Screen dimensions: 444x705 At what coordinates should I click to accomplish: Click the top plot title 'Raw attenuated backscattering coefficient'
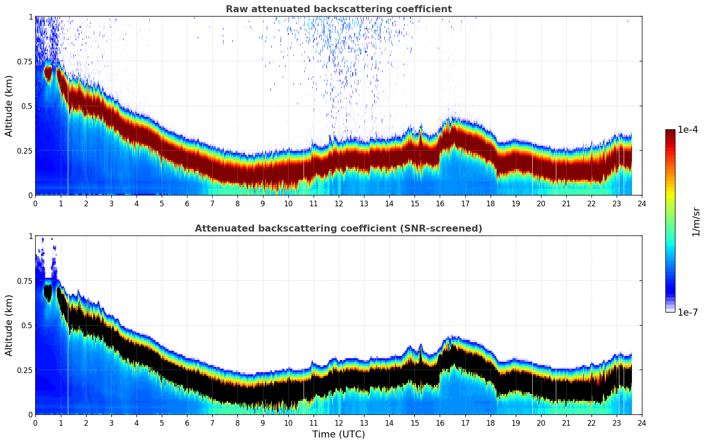point(338,9)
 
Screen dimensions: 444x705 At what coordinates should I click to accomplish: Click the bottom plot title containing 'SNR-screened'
point(338,229)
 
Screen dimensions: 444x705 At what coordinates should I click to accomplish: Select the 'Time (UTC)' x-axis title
point(338,434)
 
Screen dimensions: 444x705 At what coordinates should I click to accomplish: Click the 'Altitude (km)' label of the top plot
point(9,106)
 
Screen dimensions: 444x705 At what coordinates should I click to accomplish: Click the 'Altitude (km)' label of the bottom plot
point(9,325)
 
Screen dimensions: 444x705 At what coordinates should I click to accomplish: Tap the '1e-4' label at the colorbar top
point(688,130)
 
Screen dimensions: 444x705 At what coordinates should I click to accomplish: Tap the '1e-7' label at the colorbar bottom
point(688,312)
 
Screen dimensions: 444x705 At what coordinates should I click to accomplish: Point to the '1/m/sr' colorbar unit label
point(696,221)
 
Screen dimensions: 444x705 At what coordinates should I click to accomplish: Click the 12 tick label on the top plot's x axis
point(338,203)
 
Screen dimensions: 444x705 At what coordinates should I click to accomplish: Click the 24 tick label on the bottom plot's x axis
point(642,423)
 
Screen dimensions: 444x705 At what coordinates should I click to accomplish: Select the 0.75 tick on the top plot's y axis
point(24,61)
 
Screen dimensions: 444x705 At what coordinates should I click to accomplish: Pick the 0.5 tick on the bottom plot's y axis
point(27,326)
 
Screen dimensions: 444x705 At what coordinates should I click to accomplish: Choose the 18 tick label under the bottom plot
point(490,423)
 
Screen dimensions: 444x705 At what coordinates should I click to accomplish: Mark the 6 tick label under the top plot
point(187,203)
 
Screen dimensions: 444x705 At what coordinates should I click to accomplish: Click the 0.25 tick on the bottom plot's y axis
point(24,370)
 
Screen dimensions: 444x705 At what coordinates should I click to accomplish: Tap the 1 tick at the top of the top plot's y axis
point(30,17)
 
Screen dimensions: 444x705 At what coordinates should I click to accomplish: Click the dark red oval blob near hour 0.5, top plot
point(48,73)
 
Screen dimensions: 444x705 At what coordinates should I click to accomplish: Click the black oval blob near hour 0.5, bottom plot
point(48,293)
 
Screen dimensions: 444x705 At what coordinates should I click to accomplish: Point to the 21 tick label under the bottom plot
point(566,423)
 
